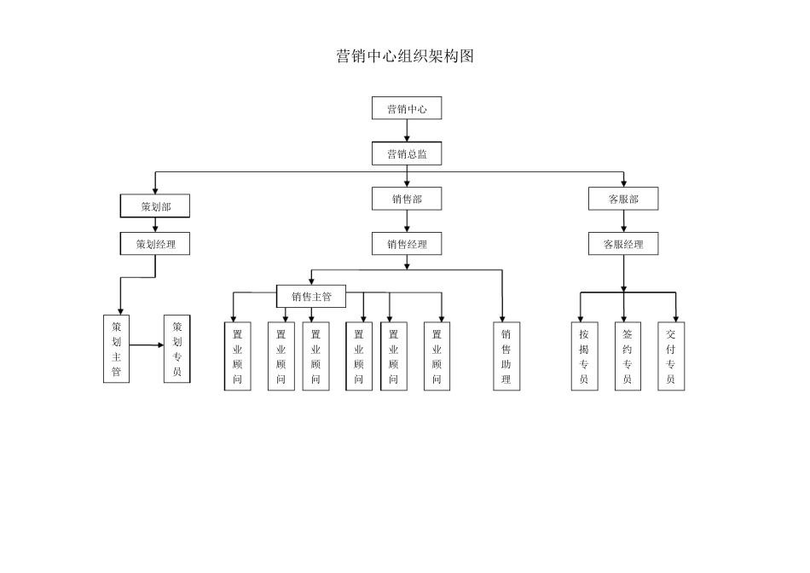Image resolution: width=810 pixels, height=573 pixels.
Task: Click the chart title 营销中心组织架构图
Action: (x=405, y=57)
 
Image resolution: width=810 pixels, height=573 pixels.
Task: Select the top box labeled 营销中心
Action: (x=407, y=108)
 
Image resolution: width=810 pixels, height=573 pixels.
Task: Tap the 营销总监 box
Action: (x=407, y=153)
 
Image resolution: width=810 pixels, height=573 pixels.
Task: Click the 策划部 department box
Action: (x=154, y=205)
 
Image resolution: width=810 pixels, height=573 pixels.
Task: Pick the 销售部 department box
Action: (x=407, y=199)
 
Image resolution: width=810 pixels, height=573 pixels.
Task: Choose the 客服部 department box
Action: (x=623, y=199)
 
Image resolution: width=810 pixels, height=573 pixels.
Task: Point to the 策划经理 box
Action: (x=154, y=244)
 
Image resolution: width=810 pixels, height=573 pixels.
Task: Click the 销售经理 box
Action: (x=407, y=244)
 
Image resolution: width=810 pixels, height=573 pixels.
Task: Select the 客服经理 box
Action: (x=623, y=244)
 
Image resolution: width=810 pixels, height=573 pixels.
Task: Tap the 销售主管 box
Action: (x=311, y=297)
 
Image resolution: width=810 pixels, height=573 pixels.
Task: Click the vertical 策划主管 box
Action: (x=117, y=349)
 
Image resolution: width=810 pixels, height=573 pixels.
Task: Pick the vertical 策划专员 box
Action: (x=176, y=349)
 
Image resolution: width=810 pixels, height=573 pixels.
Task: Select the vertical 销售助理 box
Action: (x=506, y=356)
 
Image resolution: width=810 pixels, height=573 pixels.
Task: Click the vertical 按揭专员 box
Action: (x=584, y=356)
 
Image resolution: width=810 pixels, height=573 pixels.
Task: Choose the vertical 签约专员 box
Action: (x=628, y=356)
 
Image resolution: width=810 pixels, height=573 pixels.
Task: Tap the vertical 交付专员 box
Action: (x=671, y=356)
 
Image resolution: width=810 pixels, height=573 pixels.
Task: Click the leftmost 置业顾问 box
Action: (x=238, y=356)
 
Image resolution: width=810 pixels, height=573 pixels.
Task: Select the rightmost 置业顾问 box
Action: (x=437, y=356)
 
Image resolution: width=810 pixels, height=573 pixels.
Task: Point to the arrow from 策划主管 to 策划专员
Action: (x=147, y=345)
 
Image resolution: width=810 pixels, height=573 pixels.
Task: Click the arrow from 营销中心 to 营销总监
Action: (x=407, y=130)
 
